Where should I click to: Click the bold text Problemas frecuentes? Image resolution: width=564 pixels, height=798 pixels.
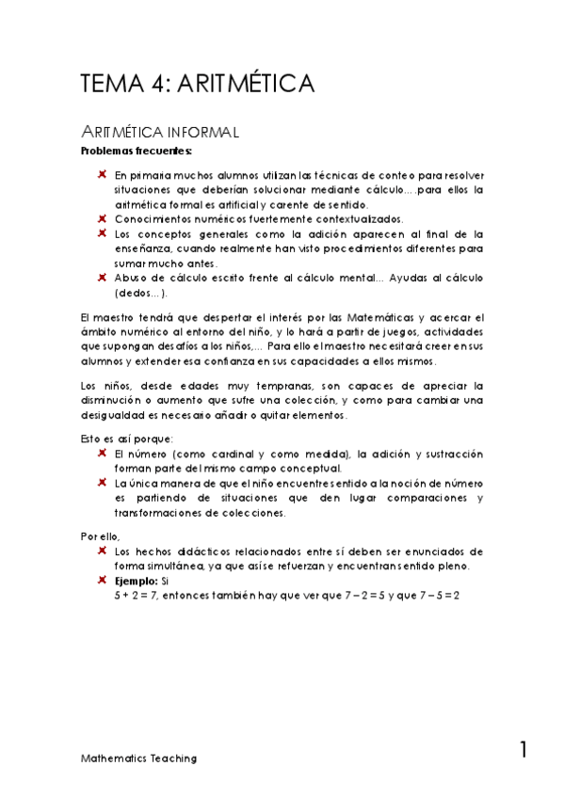click(x=123, y=151)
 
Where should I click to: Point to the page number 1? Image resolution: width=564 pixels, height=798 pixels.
click(x=523, y=750)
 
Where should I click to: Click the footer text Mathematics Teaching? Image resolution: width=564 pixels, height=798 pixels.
click(x=138, y=758)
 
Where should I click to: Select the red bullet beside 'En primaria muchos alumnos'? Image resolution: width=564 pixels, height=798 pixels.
click(x=101, y=175)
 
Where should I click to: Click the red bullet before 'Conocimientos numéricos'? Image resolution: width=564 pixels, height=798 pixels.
click(x=101, y=218)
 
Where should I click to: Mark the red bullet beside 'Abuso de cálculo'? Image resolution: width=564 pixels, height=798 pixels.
click(x=101, y=278)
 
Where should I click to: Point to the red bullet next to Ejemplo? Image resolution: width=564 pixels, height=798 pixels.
click(x=101, y=582)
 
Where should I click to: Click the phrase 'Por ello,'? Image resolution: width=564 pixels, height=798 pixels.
click(x=99, y=536)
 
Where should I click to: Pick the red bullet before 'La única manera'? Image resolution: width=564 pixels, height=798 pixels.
click(x=101, y=483)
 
